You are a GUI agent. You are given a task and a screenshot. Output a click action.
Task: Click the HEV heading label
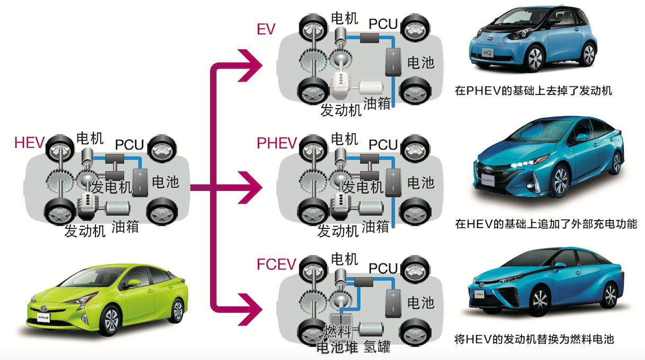coord(30,143)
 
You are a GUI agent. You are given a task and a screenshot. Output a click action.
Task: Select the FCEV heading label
coord(276,264)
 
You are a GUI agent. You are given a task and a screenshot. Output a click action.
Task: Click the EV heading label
coord(266,29)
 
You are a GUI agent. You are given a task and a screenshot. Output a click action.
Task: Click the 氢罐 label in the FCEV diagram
coord(377,348)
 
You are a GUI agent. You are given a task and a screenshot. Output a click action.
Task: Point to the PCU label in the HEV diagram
coord(130,145)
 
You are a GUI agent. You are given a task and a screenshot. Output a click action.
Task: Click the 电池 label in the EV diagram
coord(421,63)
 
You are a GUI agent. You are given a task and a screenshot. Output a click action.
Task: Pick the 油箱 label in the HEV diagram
coord(125,227)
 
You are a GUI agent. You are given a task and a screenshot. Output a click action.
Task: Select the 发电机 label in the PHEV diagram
coord(363,187)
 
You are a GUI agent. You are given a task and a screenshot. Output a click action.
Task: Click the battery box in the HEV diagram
coord(140,181)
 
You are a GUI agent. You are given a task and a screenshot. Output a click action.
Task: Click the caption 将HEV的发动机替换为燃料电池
coord(534,338)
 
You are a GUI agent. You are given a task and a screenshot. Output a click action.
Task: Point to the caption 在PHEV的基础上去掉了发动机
coord(533,91)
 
